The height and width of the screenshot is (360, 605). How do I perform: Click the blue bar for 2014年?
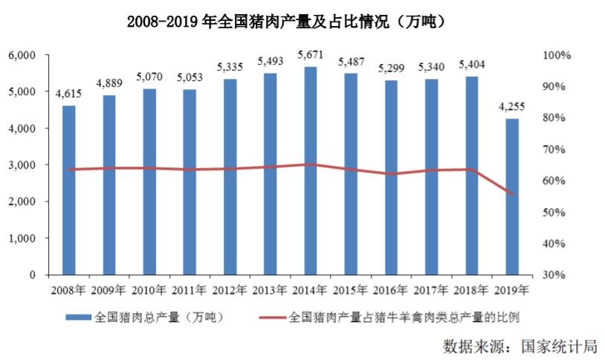(311, 171)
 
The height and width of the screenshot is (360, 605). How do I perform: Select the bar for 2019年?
(512, 197)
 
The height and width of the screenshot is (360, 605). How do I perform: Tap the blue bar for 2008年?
(68, 190)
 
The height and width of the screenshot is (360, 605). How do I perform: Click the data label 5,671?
(311, 56)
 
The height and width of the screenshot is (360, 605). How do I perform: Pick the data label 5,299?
(392, 68)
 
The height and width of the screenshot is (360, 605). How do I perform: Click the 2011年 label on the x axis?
(190, 290)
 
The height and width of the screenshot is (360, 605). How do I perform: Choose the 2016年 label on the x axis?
(392, 290)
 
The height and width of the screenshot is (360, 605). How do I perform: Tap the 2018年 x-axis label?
(473, 290)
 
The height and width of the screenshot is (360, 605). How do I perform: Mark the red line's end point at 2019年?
(512, 195)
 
